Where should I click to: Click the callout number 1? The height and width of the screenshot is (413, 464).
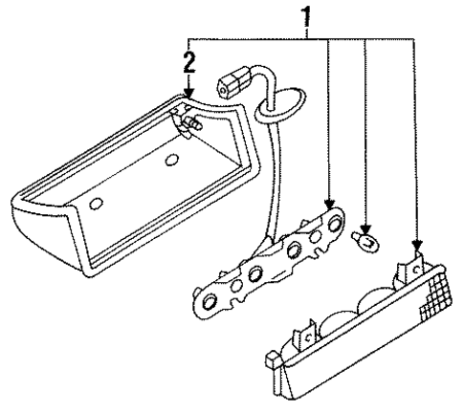tap(307, 15)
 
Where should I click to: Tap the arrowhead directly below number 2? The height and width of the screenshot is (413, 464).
tap(188, 94)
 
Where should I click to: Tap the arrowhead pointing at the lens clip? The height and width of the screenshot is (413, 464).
tap(415, 248)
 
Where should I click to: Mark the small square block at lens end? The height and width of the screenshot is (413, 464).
tap(273, 361)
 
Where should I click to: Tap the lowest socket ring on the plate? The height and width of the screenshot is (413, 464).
tap(208, 304)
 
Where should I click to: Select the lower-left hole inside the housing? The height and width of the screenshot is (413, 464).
tap(96, 205)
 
